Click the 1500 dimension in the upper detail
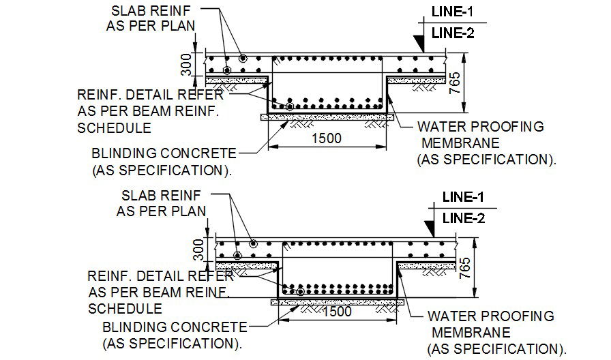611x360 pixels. point(326,138)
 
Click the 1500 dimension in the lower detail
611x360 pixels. point(336,312)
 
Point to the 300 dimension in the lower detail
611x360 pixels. point(196,250)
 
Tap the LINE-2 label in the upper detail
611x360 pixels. point(451,33)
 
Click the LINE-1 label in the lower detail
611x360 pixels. point(463,197)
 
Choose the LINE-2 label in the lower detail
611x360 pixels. point(463,218)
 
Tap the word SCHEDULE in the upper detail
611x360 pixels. point(115,128)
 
